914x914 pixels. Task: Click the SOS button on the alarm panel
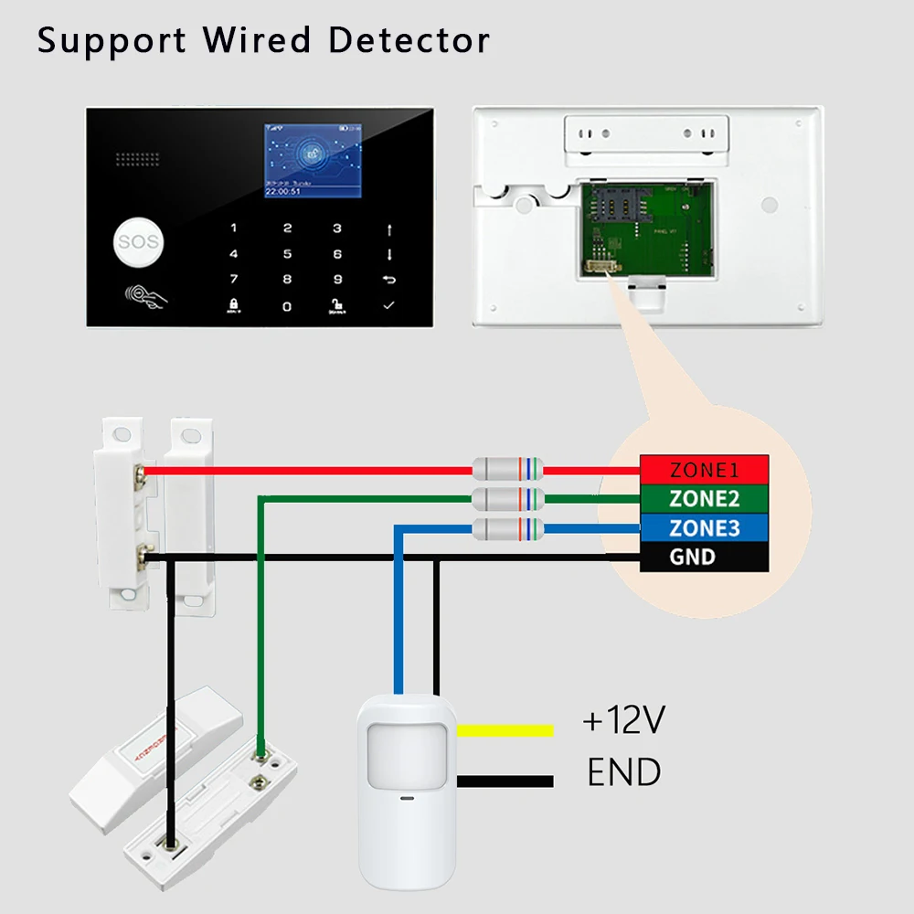(x=137, y=242)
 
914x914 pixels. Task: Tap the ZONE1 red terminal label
(x=704, y=471)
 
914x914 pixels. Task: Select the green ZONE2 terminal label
(x=704, y=499)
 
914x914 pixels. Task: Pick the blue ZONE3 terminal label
(x=704, y=528)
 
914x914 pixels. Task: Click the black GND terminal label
(x=704, y=557)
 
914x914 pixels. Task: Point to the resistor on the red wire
(x=508, y=470)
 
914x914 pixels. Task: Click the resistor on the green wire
(x=508, y=499)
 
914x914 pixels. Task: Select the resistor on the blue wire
(x=508, y=528)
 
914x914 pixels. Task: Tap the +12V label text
(x=623, y=722)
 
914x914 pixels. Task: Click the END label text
(x=623, y=773)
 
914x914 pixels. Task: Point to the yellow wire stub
(x=505, y=729)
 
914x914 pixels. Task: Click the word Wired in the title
(x=264, y=40)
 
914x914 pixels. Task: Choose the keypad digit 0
(x=287, y=307)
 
